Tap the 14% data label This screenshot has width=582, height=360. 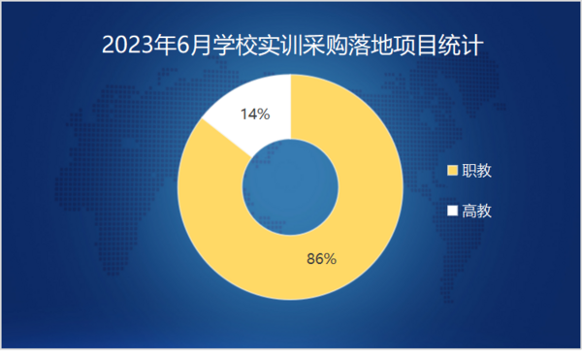point(254,115)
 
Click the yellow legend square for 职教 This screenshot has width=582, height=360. point(451,171)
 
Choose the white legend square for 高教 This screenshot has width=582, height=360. point(451,211)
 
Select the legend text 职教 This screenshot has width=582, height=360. point(476,171)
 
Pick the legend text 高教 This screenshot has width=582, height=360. point(476,211)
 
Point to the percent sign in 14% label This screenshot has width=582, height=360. point(263,115)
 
